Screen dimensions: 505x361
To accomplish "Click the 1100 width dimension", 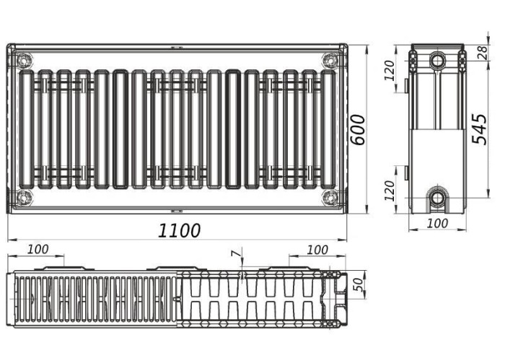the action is (179, 230).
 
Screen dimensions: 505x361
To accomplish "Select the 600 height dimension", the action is (358, 129).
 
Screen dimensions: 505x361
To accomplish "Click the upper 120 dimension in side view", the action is (390, 70).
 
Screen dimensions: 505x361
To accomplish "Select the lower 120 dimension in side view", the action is (390, 191).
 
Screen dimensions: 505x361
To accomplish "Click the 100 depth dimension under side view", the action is (437, 223).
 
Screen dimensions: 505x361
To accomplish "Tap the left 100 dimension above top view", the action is (38, 249).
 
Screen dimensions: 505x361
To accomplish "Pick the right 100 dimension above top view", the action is (317, 250).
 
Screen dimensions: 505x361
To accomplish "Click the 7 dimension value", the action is (236, 253).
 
